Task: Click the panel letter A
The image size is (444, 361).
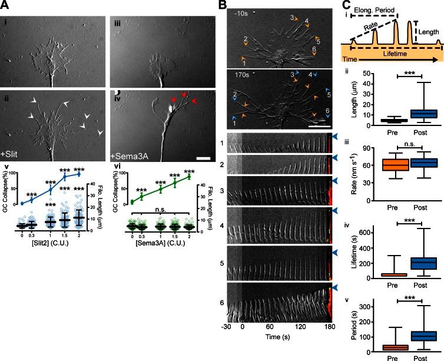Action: [6, 5]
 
